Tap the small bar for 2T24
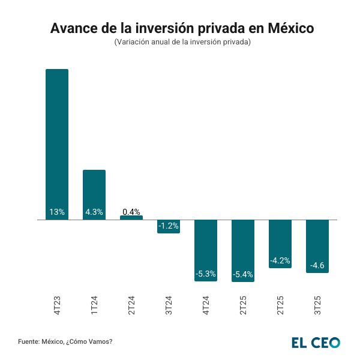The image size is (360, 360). tap(131, 218)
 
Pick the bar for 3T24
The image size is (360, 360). tap(169, 227)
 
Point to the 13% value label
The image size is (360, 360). tap(57, 212)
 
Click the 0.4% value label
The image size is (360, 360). tap(131, 211)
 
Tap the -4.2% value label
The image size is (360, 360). tap(280, 260)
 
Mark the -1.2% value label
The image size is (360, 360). tap(169, 226)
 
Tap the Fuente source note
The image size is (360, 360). tap(65, 341)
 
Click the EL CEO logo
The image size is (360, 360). tap(316, 342)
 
